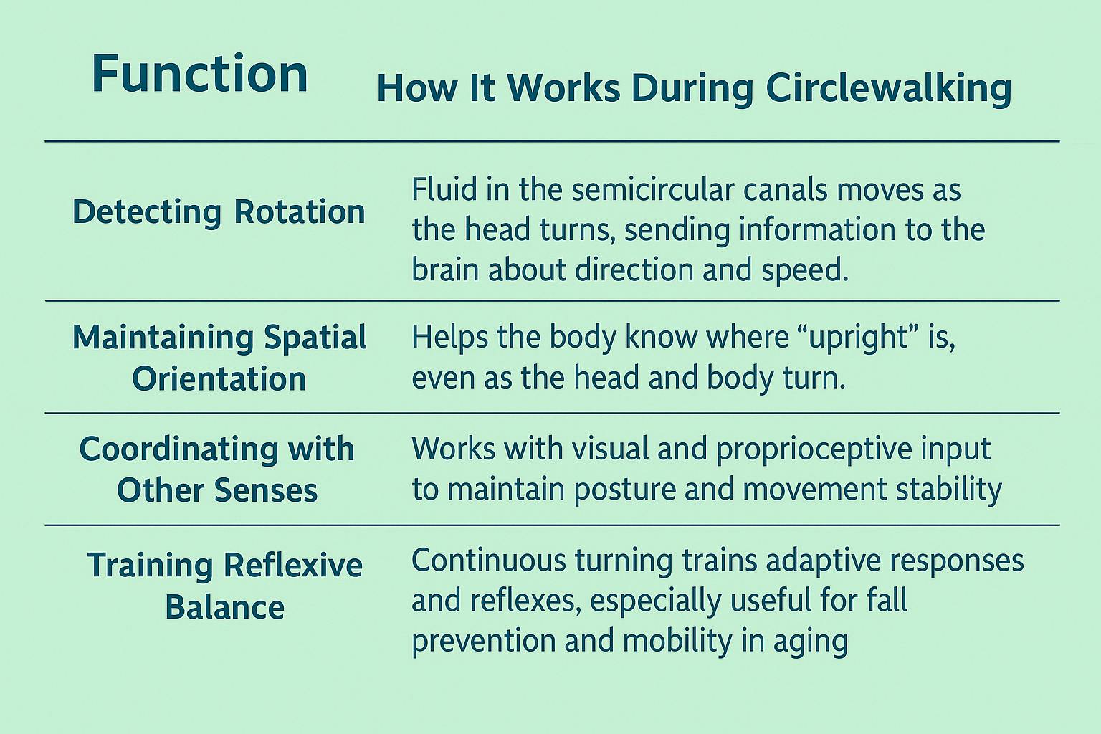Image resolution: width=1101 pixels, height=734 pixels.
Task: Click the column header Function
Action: (199, 74)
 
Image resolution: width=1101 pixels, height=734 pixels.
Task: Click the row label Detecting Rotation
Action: (219, 212)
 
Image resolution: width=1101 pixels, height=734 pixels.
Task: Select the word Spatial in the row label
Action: (315, 338)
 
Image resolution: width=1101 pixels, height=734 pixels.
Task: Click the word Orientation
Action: (219, 379)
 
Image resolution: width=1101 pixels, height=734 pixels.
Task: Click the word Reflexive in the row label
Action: (293, 565)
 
